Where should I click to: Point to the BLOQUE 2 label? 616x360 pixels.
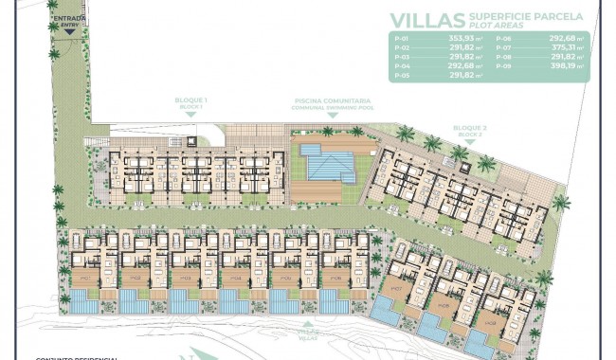click(469, 128)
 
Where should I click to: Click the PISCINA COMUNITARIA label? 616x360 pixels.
click(332, 100)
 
